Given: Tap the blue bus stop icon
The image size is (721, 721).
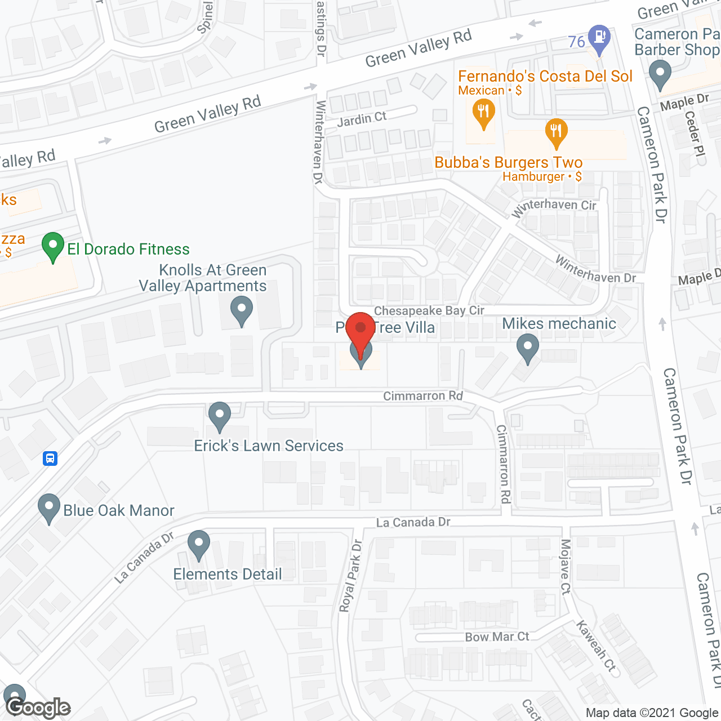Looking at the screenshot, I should click(x=50, y=459).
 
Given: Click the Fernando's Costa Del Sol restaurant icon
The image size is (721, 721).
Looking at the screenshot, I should click(x=483, y=113).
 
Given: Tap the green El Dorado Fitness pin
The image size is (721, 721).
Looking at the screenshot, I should click(x=53, y=247).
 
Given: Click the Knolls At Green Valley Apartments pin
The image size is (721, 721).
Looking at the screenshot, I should click(x=242, y=311).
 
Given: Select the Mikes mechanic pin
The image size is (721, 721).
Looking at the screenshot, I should click(x=528, y=348).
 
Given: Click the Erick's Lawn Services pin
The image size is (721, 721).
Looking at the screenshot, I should click(x=220, y=416).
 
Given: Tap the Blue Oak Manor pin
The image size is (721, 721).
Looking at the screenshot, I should click(x=49, y=508).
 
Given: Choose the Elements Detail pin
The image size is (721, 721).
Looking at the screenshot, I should click(x=198, y=545).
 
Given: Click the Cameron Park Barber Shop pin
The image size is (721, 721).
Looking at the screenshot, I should click(x=660, y=75).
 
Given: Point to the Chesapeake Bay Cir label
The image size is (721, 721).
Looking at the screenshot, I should click(x=429, y=310).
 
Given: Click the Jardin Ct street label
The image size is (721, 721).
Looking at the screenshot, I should click(x=362, y=119).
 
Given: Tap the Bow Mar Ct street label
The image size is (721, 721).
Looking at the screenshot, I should click(x=497, y=637).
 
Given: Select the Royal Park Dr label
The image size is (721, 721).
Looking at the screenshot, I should click(x=350, y=576).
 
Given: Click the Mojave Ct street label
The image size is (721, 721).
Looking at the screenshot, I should click(x=566, y=566).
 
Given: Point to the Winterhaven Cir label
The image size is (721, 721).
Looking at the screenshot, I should click(x=554, y=207).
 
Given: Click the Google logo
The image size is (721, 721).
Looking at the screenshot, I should click(x=38, y=707).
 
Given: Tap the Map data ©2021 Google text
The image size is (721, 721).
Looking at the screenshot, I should click(x=652, y=713).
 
